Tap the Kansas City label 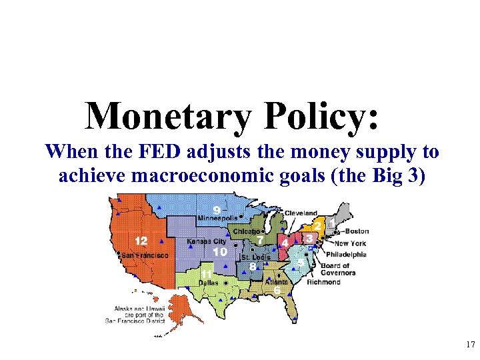[x=207, y=240]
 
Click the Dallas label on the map [x=208, y=283]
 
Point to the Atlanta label [x=277, y=282]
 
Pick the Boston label [x=356, y=231]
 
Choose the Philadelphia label [x=346, y=254]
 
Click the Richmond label [x=323, y=282]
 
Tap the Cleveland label [x=301, y=213]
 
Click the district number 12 [x=141, y=241]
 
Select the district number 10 [x=219, y=252]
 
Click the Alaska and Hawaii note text [x=139, y=315]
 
